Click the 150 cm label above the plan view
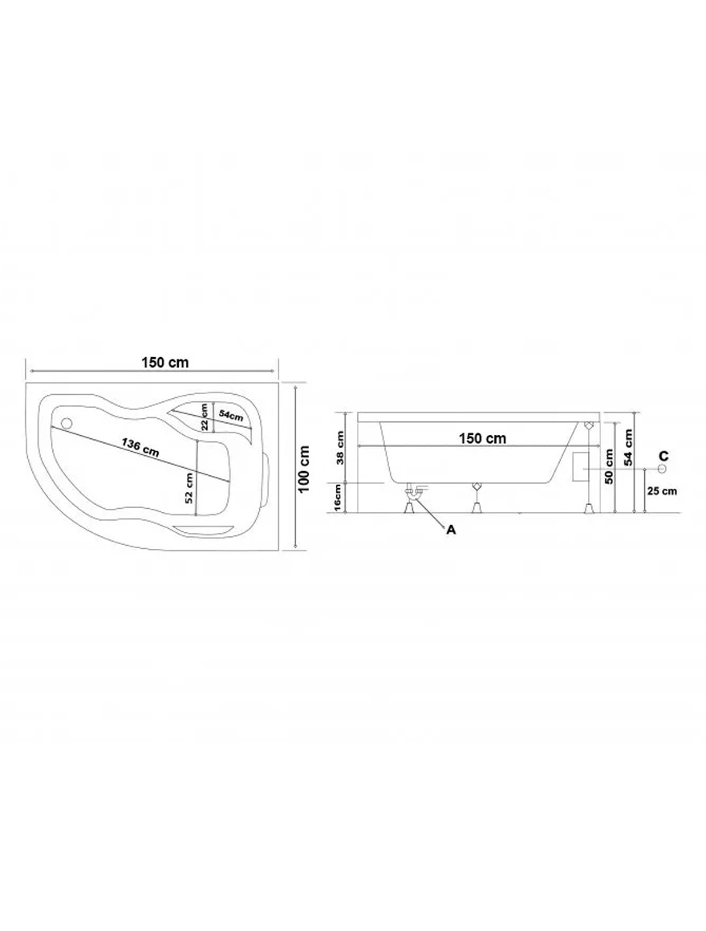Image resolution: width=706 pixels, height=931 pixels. (x=166, y=362)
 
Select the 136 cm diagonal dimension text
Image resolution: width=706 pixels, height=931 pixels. (x=140, y=446)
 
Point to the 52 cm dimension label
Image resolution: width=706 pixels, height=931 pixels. (x=189, y=487)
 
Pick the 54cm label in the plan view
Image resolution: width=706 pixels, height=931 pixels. (x=231, y=416)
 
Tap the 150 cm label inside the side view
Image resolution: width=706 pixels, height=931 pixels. (x=482, y=438)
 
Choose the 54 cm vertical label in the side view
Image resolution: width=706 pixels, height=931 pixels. (x=628, y=445)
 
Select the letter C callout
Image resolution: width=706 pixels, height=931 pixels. (x=663, y=455)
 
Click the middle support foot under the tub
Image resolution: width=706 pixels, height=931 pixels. (x=477, y=498)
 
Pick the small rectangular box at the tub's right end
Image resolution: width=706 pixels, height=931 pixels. (x=578, y=467)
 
